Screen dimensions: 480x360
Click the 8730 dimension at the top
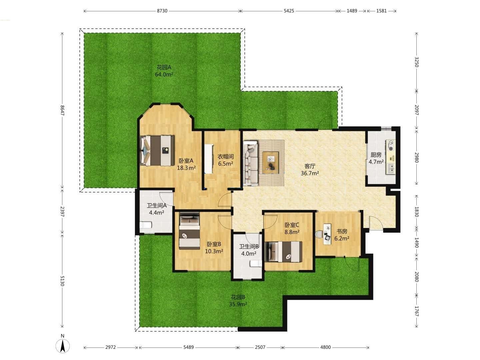tap(162, 11)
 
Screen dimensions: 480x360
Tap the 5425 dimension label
tap(289, 11)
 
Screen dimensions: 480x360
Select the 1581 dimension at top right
tap(382, 11)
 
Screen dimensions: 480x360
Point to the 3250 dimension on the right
tap(417, 62)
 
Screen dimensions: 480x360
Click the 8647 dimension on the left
tap(62, 110)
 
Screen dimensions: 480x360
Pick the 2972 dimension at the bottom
tap(110, 347)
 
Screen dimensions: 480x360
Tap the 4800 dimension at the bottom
tap(325, 347)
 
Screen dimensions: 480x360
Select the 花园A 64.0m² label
tap(164, 71)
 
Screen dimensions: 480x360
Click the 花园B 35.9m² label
tap(238, 301)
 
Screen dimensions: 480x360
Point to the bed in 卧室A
tap(157, 151)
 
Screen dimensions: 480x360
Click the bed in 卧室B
tap(189, 231)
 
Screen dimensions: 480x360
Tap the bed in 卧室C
tap(284, 252)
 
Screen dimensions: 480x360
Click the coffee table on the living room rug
tap(271, 162)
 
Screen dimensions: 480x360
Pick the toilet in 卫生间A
tap(146, 225)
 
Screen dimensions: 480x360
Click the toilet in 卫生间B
tap(256, 264)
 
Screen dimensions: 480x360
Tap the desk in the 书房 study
tap(328, 233)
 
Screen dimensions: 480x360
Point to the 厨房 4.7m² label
tap(376, 158)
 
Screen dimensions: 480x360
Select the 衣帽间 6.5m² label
tap(226, 160)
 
